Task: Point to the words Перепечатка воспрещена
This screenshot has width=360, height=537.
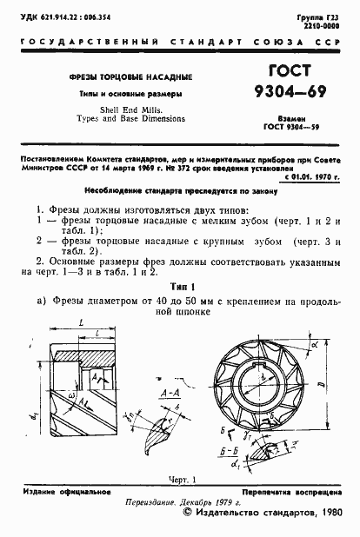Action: point(294,493)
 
